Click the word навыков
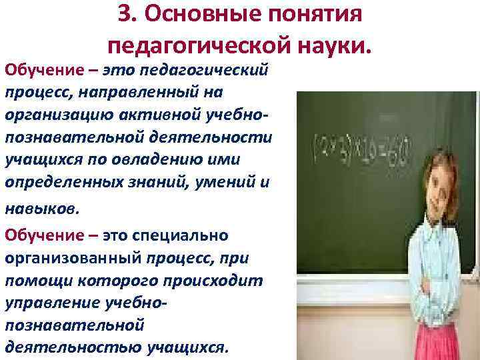click(41, 208)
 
